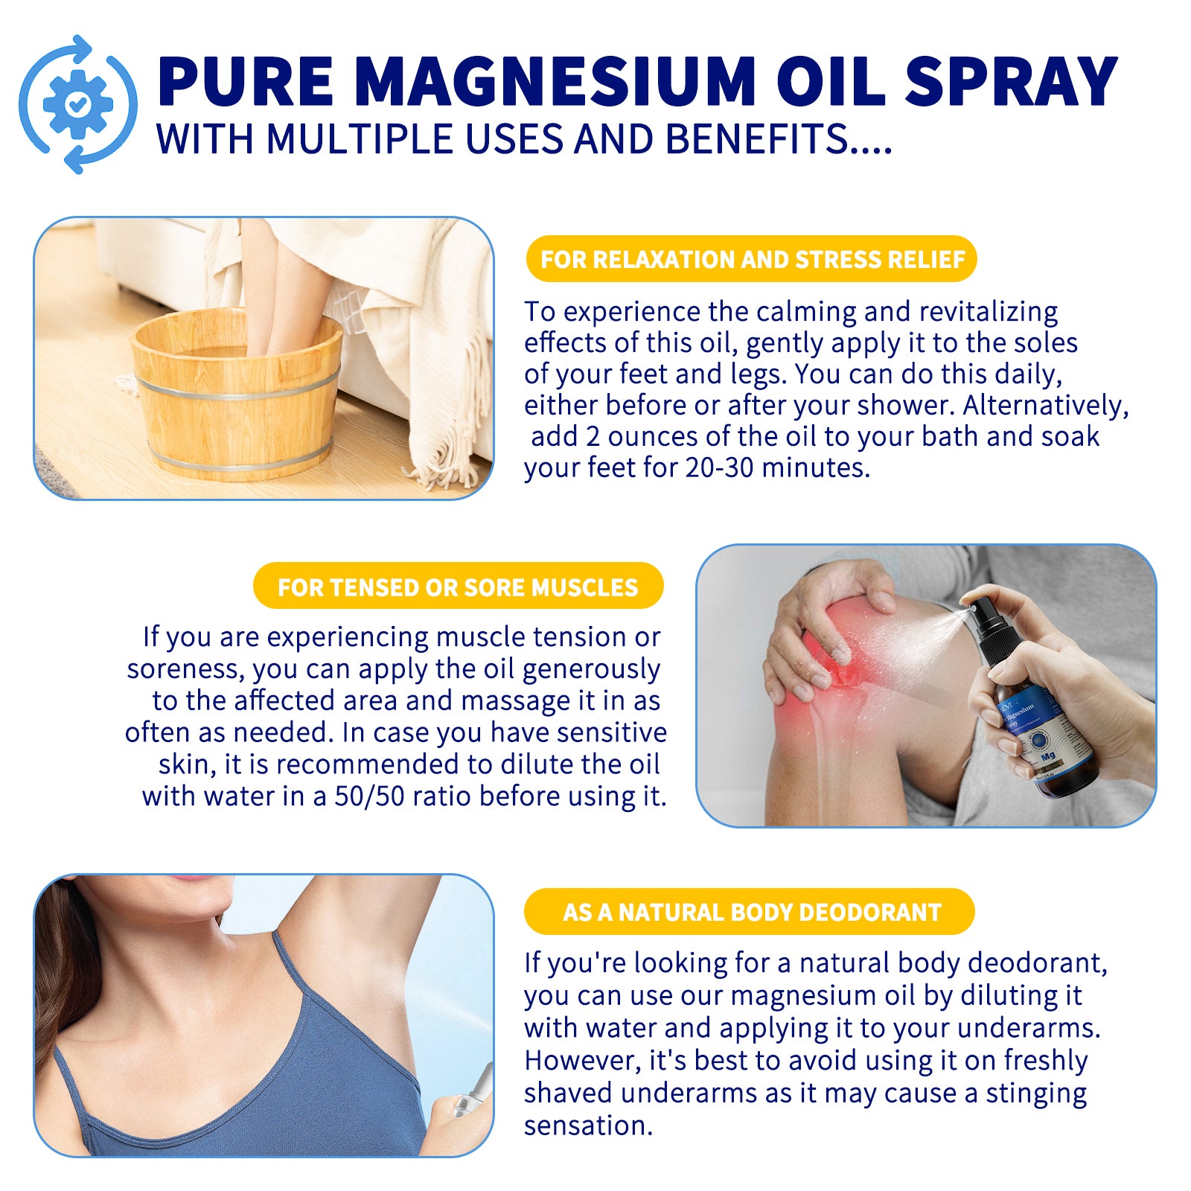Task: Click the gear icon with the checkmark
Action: point(77,104)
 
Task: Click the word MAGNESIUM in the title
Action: point(555,82)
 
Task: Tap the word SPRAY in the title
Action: point(1011,82)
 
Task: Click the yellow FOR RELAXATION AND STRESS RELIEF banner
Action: point(751,259)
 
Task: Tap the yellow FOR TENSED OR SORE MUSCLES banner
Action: point(458,587)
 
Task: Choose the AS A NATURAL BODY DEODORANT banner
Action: point(750,912)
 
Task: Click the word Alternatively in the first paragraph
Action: point(1045,406)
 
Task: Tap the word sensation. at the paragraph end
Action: point(588,1125)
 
